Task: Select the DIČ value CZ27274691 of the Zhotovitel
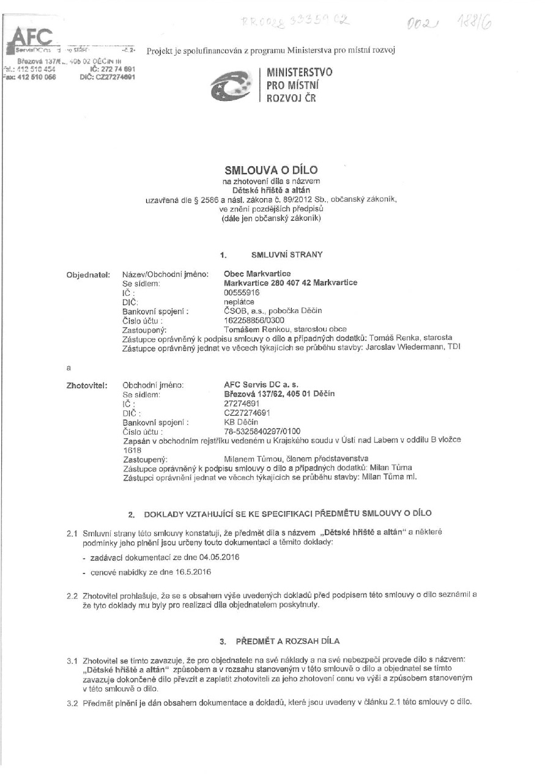tap(247, 413)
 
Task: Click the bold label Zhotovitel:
tap(88, 386)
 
